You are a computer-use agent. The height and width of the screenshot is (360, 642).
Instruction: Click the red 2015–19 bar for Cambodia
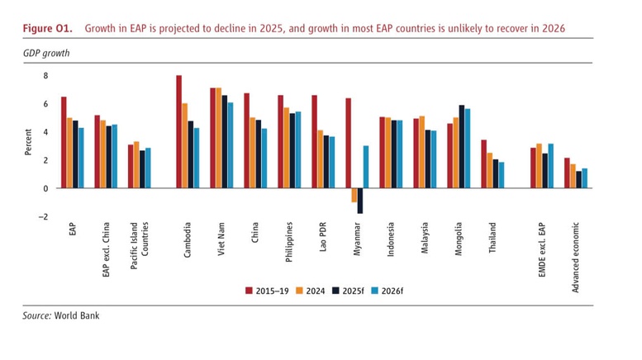178,131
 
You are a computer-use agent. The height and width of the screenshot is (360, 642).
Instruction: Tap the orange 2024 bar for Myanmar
354,195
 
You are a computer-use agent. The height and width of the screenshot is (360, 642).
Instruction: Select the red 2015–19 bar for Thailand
483,163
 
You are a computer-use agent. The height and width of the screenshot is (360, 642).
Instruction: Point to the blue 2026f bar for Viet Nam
231,144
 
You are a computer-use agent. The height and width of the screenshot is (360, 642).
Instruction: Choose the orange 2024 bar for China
253,153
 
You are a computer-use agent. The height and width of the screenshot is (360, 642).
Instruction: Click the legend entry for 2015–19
268,290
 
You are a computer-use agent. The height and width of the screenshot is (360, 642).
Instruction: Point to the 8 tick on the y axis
46,76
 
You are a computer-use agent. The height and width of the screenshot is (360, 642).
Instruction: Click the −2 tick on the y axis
44,216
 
